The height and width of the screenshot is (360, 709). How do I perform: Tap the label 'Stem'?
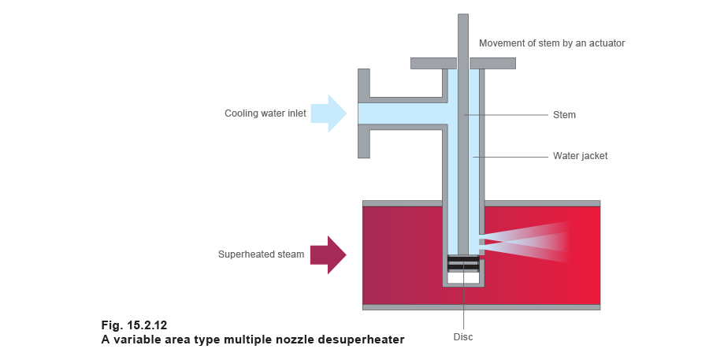tap(564, 115)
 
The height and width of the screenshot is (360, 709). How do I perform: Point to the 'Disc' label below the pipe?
tap(463, 337)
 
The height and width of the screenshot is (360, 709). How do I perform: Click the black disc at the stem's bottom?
tap(463, 264)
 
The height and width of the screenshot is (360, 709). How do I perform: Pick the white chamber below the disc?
tap(463, 277)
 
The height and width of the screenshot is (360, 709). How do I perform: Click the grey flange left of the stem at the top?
tap(432, 61)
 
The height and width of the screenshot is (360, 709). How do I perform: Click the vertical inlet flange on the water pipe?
tap(364, 113)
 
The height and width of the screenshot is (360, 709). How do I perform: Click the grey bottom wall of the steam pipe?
tap(481, 305)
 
